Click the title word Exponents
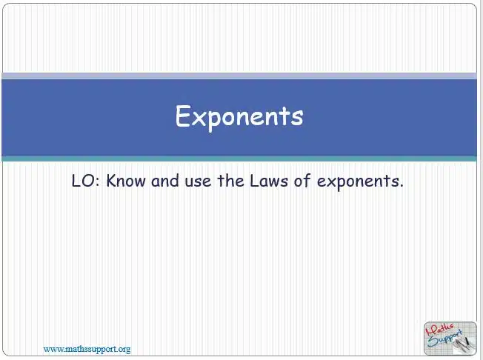click(x=239, y=117)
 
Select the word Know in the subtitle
click(x=126, y=181)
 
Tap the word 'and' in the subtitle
click(x=165, y=181)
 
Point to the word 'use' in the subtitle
click(x=198, y=181)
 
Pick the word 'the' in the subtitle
click(x=230, y=181)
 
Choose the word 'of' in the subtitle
click(x=302, y=181)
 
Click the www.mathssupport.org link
click(x=87, y=349)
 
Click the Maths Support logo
click(x=450, y=339)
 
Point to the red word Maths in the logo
click(x=439, y=330)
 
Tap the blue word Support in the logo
click(x=444, y=339)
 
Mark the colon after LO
click(x=98, y=181)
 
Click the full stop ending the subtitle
click(x=401, y=186)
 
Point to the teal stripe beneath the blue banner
click(x=239, y=159)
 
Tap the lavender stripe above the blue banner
click(x=239, y=76)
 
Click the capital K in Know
click(x=111, y=181)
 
